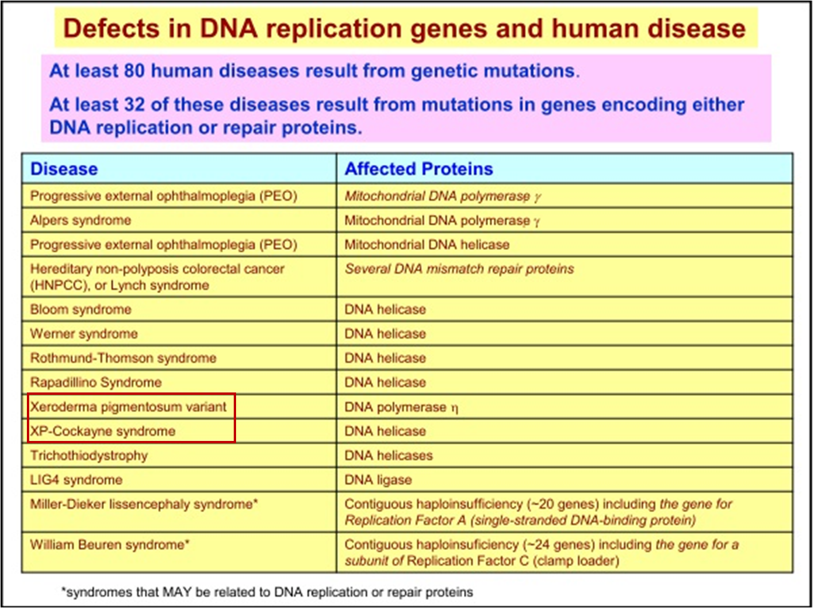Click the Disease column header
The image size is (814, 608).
coord(64,169)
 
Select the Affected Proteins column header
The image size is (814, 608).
coord(418,169)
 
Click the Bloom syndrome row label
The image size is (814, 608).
coord(81,310)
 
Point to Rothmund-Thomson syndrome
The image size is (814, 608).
coord(123,358)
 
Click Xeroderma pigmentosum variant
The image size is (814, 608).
coord(128,407)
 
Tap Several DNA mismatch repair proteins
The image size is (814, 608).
coord(459,269)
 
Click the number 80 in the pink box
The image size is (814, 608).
coord(134,71)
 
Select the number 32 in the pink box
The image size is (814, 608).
coord(134,105)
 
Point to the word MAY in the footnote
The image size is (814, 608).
coord(176,592)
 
